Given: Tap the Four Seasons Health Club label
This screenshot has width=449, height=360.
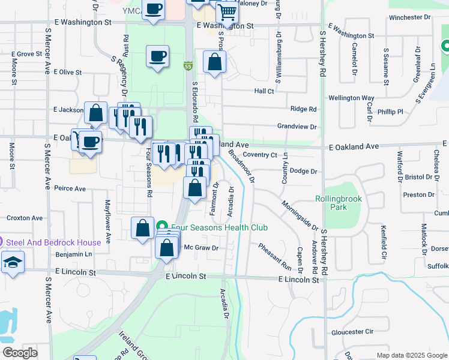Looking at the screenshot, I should pos(219,227).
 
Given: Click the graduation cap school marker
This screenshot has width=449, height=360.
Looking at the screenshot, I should pos(12,263).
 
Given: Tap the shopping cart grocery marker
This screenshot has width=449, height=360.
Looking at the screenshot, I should pos(228,11).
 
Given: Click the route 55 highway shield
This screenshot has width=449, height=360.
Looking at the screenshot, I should pos(188,65).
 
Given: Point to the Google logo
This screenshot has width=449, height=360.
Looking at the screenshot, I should pos(20,353).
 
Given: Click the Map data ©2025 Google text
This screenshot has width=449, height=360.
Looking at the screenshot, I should pos(411,355).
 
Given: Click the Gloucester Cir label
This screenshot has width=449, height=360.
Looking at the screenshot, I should pos(352,331).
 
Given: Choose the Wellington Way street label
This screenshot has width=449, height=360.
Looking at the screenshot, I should pos(351,98).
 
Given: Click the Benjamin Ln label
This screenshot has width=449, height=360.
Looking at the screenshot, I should pos(73,254).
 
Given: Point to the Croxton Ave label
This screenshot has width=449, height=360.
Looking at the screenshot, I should pos(25,218).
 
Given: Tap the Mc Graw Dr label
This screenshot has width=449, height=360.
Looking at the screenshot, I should pos(200,247).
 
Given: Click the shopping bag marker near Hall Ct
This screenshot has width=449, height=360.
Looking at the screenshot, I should pos(214,62).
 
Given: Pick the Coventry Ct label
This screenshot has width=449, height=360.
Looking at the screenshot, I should pos(260,155).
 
